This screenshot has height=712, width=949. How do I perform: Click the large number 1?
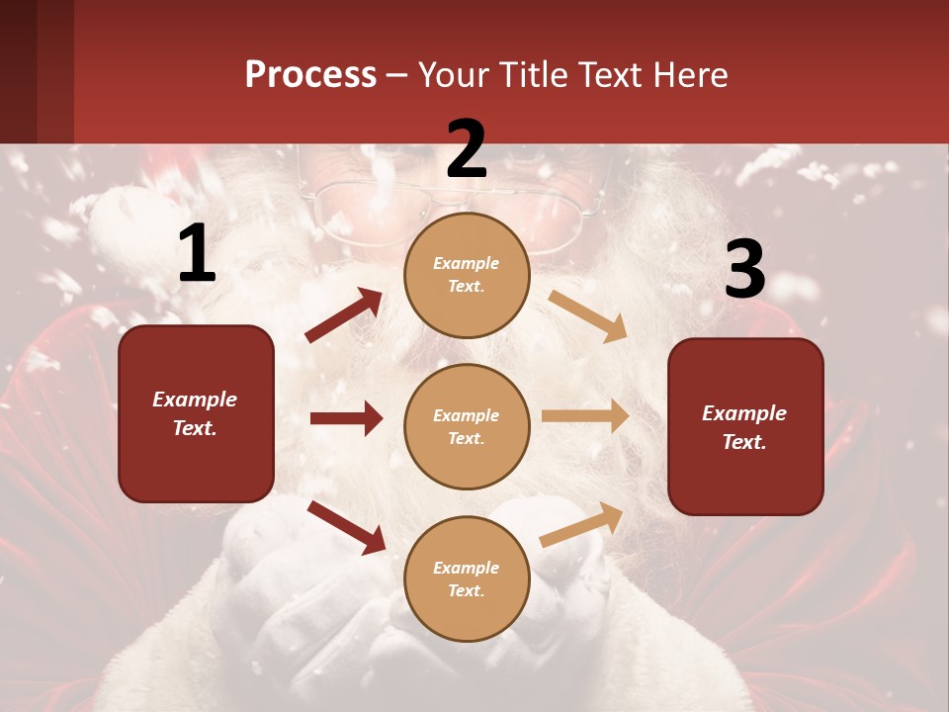(197, 254)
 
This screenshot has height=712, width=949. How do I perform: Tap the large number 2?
(467, 149)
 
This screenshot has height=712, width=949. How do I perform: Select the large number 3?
(744, 270)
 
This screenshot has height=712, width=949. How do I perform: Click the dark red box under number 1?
(196, 413)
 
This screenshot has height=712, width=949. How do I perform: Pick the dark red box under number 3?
(745, 426)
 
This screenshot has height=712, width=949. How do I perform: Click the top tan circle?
(467, 274)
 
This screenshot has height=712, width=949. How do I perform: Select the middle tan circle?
(467, 426)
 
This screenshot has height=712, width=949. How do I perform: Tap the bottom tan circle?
(467, 578)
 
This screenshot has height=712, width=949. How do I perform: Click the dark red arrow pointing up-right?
(344, 315)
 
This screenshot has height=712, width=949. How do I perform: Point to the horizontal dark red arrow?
(346, 418)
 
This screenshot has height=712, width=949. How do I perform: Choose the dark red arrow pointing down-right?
(346, 527)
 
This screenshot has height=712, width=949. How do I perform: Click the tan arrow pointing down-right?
(588, 315)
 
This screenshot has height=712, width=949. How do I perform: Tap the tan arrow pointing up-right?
(582, 523)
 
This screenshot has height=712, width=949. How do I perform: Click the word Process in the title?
(310, 74)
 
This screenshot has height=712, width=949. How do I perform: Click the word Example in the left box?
(195, 400)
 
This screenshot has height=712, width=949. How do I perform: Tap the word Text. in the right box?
(744, 442)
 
